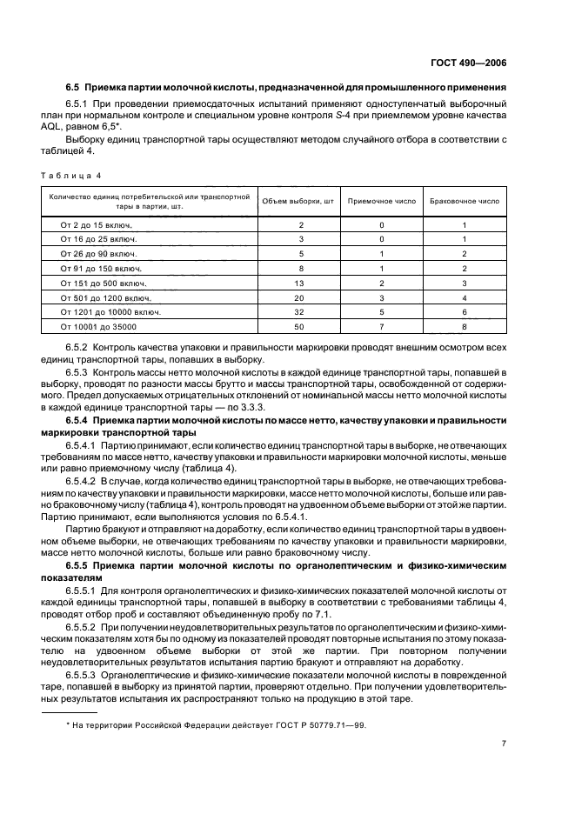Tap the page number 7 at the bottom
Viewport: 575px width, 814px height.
click(504, 744)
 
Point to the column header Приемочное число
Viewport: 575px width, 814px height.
click(380, 201)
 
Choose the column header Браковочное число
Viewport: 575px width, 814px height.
click(465, 201)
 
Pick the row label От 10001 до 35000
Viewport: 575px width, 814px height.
click(92, 325)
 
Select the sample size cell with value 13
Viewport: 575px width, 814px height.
click(300, 283)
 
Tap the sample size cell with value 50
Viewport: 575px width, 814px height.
click(300, 325)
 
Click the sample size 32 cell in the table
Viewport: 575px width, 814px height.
click(300, 310)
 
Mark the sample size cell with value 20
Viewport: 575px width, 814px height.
click(300, 297)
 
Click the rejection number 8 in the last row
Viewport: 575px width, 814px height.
click(465, 325)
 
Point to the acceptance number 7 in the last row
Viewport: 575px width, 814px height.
click(380, 325)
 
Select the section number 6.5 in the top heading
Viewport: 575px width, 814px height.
click(72, 88)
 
